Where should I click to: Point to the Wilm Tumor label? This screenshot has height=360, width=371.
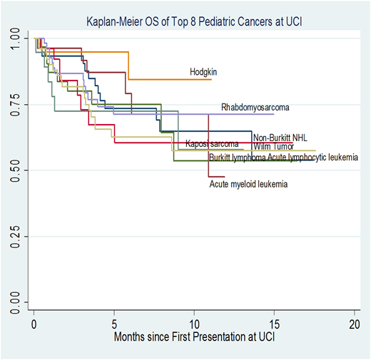[274, 147]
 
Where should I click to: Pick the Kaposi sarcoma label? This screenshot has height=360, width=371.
[211, 144]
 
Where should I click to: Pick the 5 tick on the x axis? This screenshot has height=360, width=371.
[114, 324]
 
